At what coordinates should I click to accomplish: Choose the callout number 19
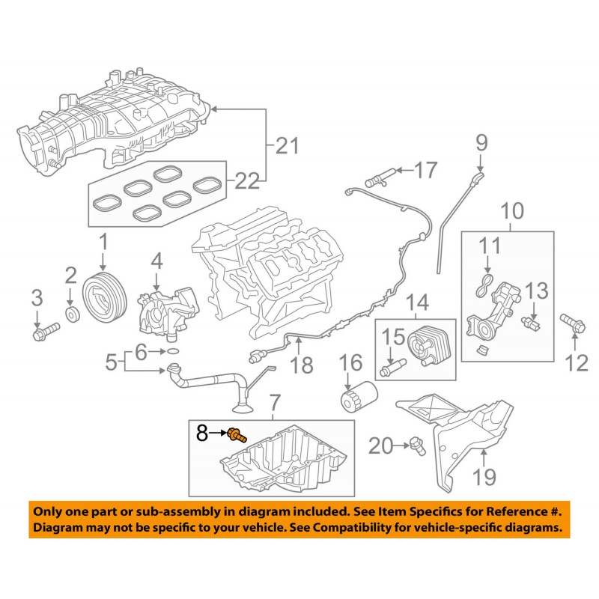[485, 476]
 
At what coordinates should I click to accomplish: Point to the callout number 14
[417, 302]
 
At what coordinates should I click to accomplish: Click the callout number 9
[480, 142]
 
